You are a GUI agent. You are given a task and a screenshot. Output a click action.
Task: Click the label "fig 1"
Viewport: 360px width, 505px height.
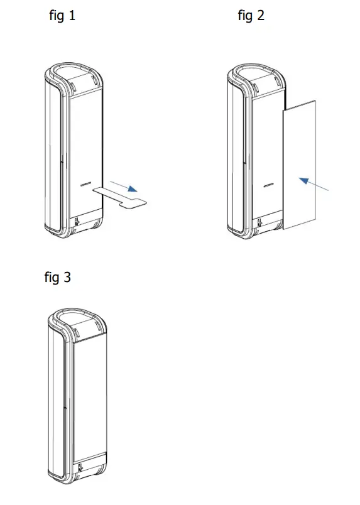[x=62, y=16]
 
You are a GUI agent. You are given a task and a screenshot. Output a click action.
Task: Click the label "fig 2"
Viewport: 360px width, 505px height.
[x=251, y=16]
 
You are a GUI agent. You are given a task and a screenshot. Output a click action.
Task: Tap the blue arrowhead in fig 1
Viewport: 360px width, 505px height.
[x=131, y=188]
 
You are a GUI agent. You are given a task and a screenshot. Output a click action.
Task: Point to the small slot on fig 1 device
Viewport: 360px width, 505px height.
[x=87, y=185]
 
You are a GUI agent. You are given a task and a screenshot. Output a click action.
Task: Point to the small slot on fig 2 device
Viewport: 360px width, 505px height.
[x=269, y=185]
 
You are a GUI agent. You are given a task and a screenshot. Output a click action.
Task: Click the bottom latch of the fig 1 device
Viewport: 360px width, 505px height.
[x=77, y=222]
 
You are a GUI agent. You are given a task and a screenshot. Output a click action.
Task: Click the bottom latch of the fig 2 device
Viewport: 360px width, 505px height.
[x=259, y=222]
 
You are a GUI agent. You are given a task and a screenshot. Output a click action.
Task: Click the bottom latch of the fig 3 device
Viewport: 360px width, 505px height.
[x=81, y=467]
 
